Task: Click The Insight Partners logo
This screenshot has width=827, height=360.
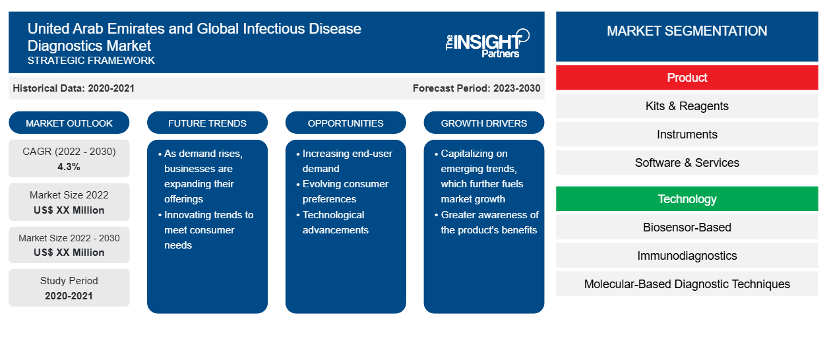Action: (487, 44)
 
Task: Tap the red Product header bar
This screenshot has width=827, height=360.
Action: (687, 78)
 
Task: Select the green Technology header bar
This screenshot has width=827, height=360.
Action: (687, 198)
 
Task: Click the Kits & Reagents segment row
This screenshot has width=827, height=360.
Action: (687, 106)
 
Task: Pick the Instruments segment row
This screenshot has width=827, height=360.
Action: (687, 135)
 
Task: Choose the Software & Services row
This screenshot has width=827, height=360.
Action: (687, 162)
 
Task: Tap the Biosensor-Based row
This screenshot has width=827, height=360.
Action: (687, 227)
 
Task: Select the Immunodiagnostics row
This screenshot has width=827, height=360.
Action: (687, 256)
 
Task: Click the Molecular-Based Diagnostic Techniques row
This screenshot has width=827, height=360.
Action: (687, 284)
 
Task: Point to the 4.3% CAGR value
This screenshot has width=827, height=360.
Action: (69, 167)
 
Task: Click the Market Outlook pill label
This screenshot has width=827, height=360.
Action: (69, 123)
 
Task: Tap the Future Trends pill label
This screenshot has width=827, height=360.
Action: (207, 123)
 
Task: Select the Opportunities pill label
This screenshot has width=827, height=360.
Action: (346, 123)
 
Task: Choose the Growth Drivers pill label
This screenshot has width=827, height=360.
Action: (483, 123)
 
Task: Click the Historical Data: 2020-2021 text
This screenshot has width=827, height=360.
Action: (73, 88)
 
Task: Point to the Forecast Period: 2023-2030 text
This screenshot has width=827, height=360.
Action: (476, 88)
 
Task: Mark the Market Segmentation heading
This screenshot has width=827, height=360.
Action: (687, 31)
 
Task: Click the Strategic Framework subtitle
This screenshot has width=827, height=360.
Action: (91, 61)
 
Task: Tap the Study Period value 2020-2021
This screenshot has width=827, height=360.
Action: (69, 296)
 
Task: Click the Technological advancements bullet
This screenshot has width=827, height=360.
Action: (332, 222)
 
